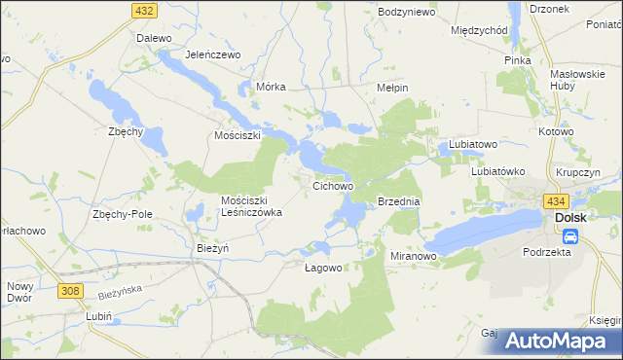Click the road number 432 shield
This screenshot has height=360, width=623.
145,10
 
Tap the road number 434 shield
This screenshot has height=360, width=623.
556,200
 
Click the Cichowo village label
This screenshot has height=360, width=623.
332,184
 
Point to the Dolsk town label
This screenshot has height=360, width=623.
570,218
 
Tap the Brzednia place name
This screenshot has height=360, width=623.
398,201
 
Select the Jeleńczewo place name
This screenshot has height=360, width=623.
212,54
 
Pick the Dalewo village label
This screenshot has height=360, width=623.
154,38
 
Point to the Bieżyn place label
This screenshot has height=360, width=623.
212,248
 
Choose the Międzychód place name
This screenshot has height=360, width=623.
480,30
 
